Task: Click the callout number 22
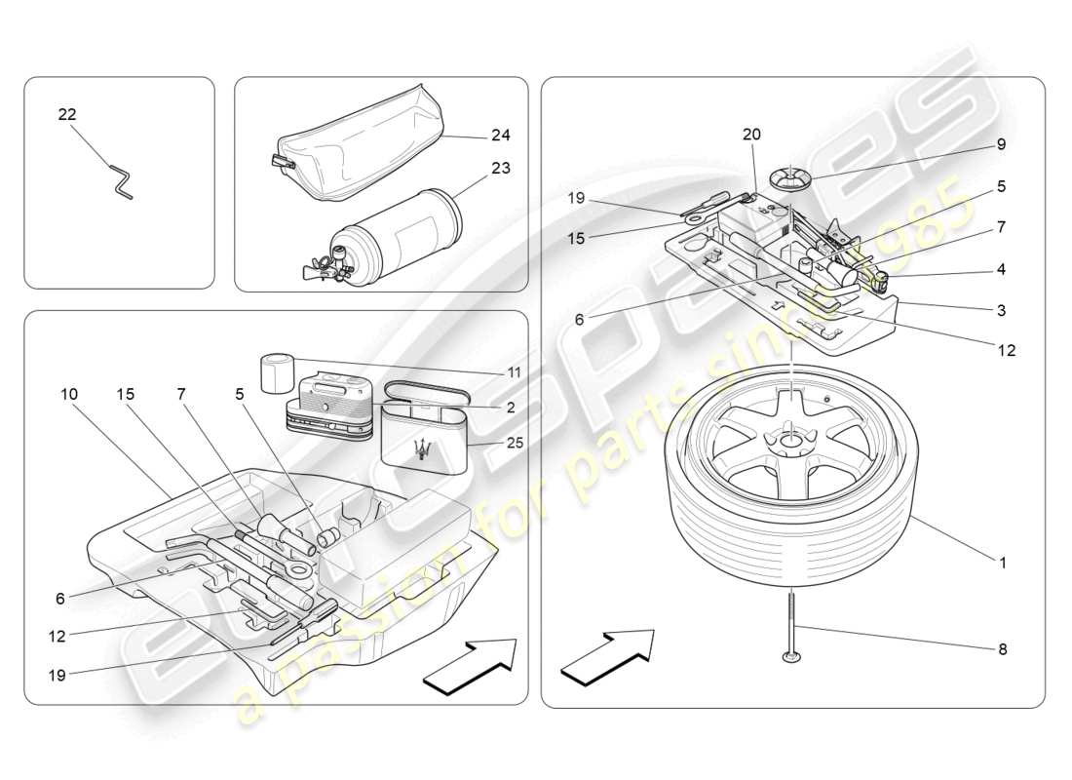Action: [66, 114]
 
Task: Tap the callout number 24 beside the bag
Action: [501, 136]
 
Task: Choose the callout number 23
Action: [501, 168]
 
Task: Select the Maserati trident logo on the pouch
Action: [422, 448]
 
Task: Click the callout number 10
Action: [67, 394]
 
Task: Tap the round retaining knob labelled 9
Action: [788, 179]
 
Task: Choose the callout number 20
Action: [751, 134]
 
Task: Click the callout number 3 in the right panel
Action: [1001, 311]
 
